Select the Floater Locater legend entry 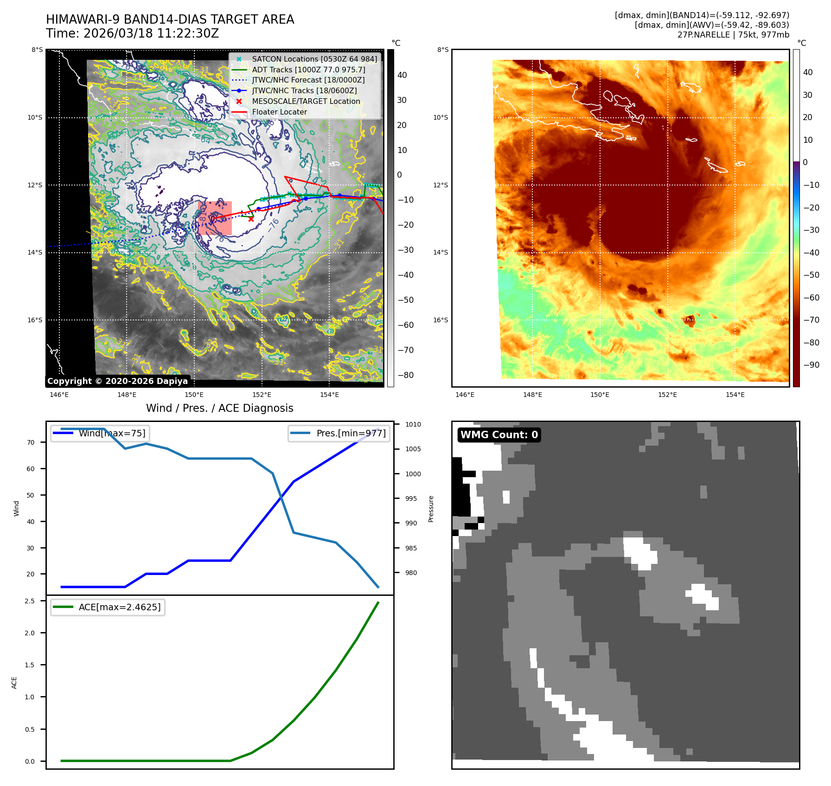[279, 112]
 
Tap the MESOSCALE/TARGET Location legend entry [306, 101]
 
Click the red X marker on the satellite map [251, 219]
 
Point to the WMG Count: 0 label [499, 435]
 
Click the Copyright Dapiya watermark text [117, 381]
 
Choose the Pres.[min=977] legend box [339, 433]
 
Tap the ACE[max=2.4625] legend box [108, 607]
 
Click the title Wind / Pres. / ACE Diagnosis [219, 408]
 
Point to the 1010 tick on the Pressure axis [413, 424]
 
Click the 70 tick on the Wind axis [31, 442]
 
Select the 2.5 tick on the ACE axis [30, 601]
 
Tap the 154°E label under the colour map [735, 395]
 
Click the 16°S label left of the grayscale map [35, 320]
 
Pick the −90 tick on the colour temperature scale [811, 365]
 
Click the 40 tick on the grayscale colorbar [402, 75]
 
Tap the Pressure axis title [431, 509]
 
